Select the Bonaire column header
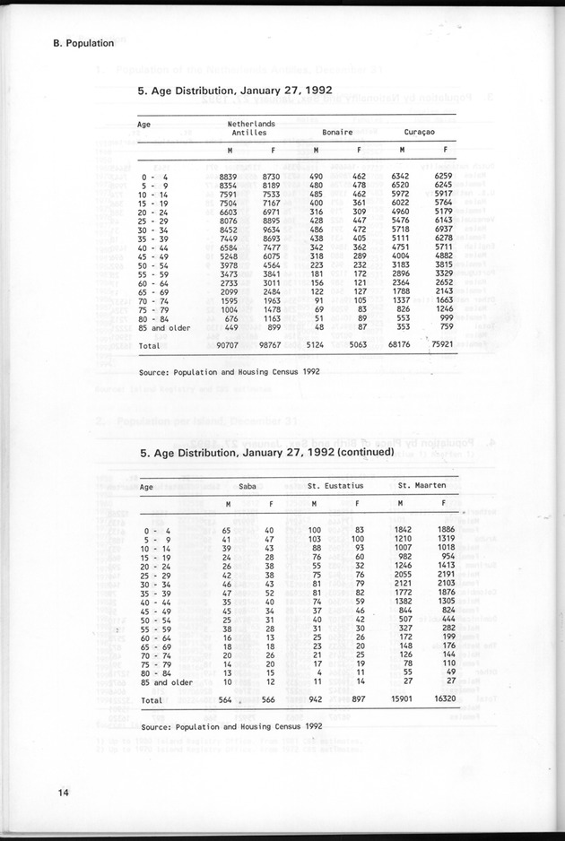tap(337, 131)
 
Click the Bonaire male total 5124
tap(320, 343)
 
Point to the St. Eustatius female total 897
tap(356, 699)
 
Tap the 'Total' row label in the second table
tap(152, 699)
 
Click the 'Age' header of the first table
tap(144, 125)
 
